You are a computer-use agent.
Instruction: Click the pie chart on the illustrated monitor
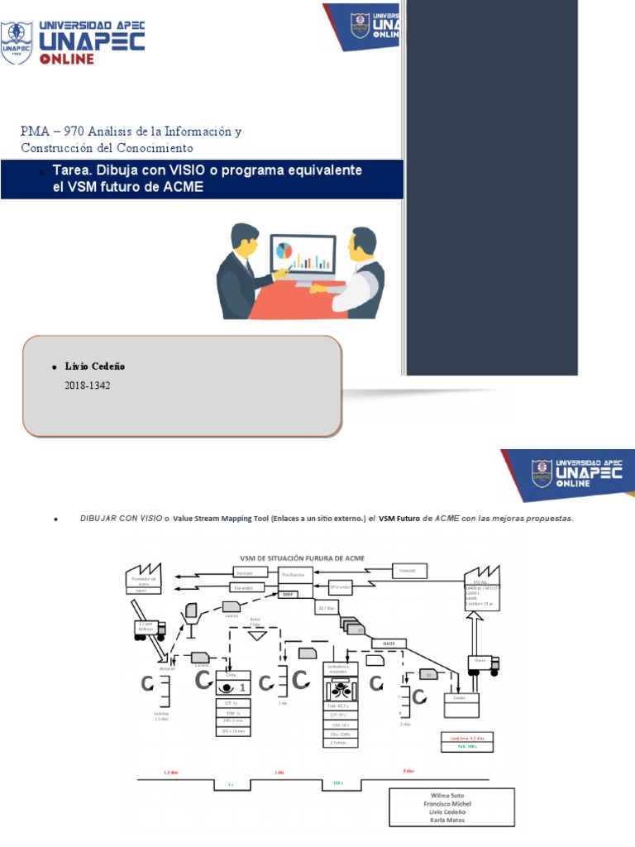click(284, 250)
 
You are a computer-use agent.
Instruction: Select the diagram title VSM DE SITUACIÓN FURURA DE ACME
click(303, 557)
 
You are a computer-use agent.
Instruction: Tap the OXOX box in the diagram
click(389, 642)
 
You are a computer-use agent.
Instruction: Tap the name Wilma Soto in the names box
click(451, 796)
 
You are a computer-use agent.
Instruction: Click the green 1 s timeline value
click(229, 783)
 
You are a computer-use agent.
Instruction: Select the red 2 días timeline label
click(408, 771)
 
